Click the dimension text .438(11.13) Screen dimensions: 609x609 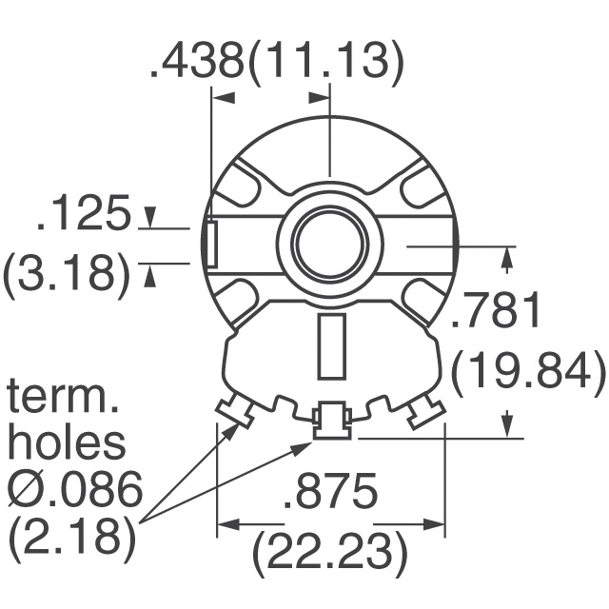[277, 62]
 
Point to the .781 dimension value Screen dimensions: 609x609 [496, 312]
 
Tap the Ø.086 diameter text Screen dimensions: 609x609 [74, 491]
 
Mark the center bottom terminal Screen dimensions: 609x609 [331, 420]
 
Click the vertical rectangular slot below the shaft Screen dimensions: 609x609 [330, 344]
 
